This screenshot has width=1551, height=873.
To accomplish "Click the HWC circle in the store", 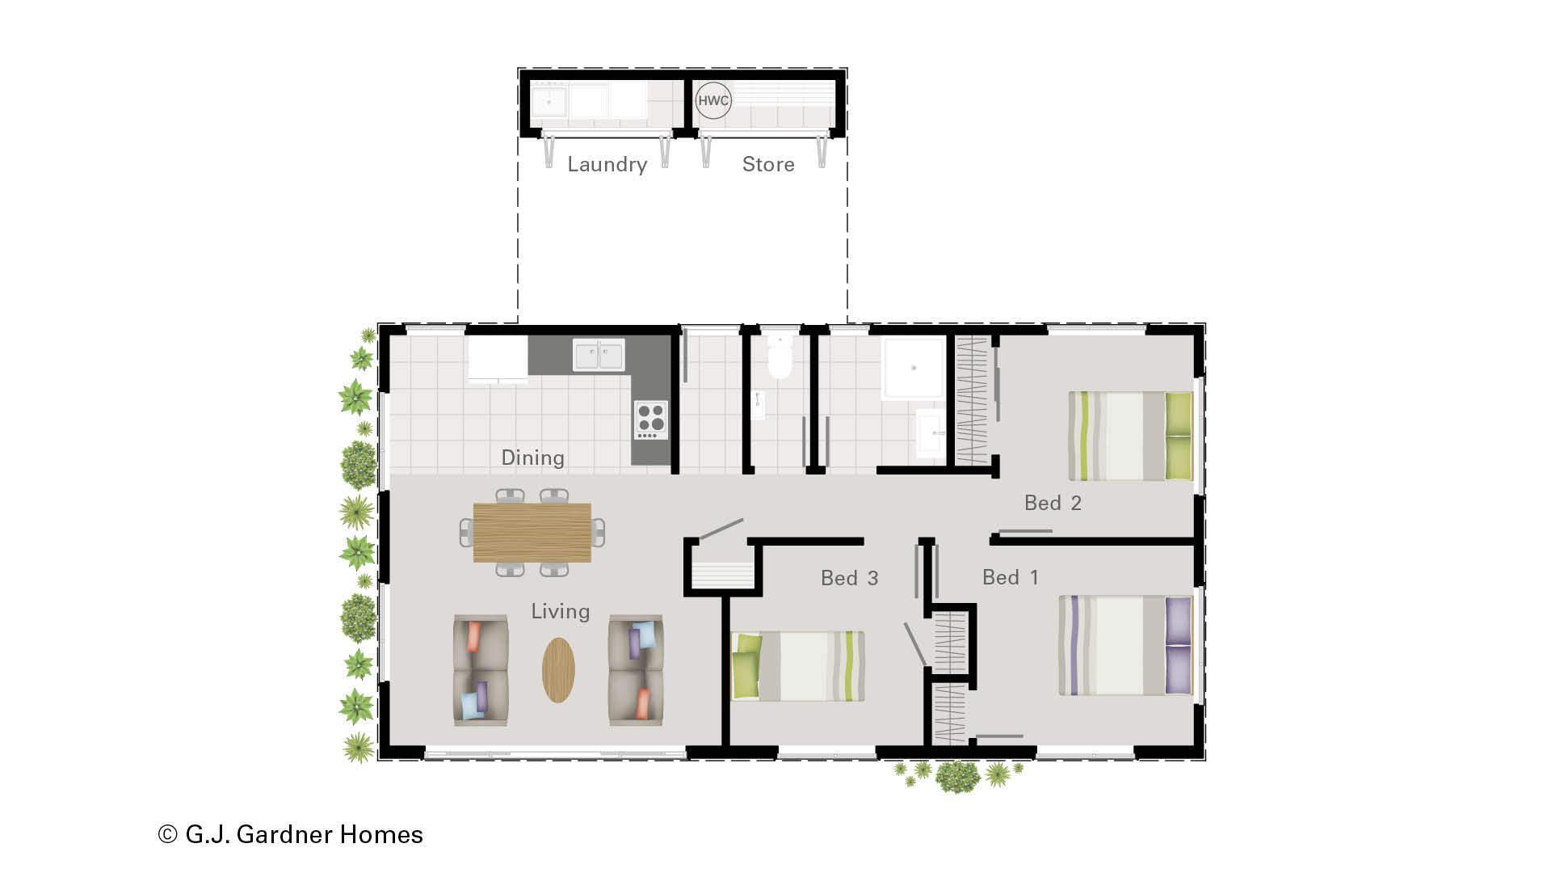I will pos(713,101).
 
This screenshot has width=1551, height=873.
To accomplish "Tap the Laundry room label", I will pos(607,164).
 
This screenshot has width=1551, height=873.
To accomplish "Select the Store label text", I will pos(768,164).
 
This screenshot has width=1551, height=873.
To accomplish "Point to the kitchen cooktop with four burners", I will pos(650,420).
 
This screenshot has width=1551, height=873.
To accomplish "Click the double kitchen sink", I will pos(599,355).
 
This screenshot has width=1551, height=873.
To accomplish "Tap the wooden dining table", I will pos(532,532).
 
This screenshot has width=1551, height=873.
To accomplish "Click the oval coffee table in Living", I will pos(558,669).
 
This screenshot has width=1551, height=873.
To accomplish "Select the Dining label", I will pos(532,458).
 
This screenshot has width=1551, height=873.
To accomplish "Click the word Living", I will pos(560,611).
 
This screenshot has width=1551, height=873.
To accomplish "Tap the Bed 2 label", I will pos(1053,503).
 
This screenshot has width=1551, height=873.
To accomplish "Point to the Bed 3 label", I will pos(849,578).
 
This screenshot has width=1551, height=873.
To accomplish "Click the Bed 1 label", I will pos(1010,577).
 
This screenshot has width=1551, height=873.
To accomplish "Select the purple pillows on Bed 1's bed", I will pos(1179,645).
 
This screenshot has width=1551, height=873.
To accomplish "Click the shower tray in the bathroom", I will pos(913,368).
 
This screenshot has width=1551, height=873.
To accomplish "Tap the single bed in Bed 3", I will pos(798,665).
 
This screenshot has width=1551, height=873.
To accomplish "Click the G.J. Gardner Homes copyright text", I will pos(291,834).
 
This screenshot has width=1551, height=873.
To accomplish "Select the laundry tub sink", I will pos(549,103).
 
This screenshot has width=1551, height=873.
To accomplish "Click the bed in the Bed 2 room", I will pos(1130,436).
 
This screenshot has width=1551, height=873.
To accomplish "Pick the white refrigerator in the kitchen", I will pos(498,359).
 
